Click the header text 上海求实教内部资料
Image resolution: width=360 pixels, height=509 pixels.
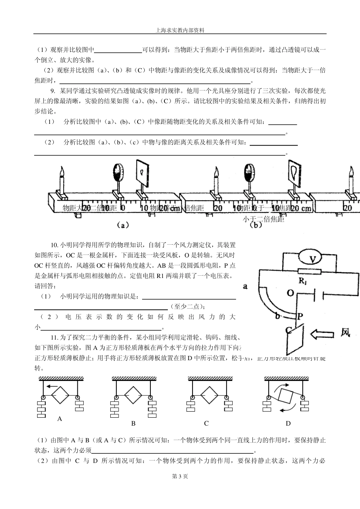[x=180, y=30]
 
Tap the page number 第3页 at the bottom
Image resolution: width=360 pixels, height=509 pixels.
[x=180, y=476]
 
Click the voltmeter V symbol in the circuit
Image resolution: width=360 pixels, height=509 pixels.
[x=312, y=259]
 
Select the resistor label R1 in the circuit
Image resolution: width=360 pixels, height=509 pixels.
[x=303, y=281]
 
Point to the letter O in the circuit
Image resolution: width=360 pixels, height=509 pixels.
[x=291, y=293]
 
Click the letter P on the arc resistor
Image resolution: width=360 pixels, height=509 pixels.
[x=300, y=316]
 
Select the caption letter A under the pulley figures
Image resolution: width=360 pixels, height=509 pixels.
[x=59, y=418]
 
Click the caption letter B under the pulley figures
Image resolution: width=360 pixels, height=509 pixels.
[x=133, y=423]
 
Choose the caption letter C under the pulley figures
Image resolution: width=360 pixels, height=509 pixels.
[x=206, y=423]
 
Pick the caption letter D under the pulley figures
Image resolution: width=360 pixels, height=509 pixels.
[x=288, y=423]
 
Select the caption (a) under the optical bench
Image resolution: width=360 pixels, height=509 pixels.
[x=122, y=225]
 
